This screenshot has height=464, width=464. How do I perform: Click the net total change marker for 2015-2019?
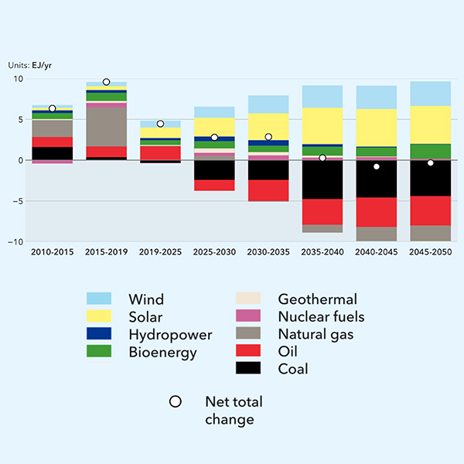pyautogui.click(x=106, y=82)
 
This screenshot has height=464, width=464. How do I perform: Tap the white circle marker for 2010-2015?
pyautogui.click(x=52, y=109)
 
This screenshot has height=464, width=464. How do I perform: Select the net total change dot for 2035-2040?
pyautogui.click(x=322, y=158)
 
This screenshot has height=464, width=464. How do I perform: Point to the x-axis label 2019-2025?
pyautogui.click(x=160, y=252)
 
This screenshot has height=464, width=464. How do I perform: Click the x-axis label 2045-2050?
pyautogui.click(x=431, y=252)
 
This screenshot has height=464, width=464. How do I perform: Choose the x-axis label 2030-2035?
pyautogui.click(x=268, y=252)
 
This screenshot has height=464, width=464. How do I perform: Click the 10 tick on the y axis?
pyautogui.click(x=19, y=80)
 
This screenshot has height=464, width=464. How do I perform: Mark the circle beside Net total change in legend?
pyautogui.click(x=176, y=401)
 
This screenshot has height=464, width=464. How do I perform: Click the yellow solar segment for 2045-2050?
pyautogui.click(x=431, y=125)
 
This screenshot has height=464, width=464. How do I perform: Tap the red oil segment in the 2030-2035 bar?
pyautogui.click(x=268, y=190)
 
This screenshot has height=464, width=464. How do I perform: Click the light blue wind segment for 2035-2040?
pyautogui.click(x=322, y=97)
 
